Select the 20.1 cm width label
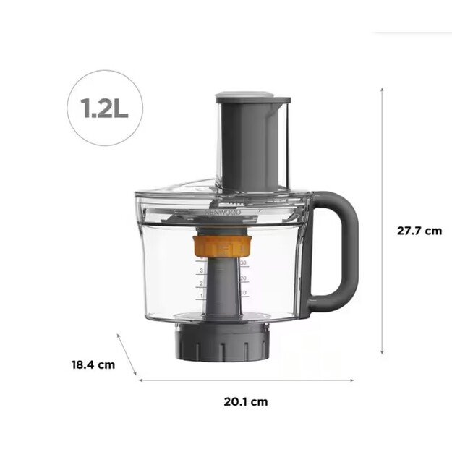tap(245, 401)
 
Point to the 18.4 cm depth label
tap(93, 364)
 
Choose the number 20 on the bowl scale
tap(244, 278)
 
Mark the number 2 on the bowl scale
tap(201, 284)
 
